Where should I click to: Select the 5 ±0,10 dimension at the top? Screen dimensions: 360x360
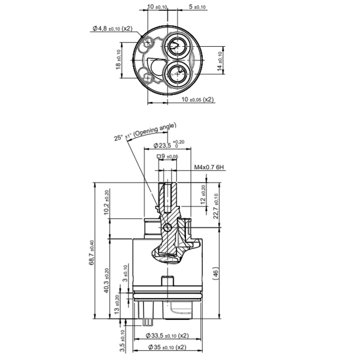(x=197, y=7)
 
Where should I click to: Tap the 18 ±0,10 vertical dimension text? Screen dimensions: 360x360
(x=118, y=60)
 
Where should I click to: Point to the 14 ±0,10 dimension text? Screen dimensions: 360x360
(x=220, y=60)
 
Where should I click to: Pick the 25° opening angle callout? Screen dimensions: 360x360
(x=146, y=131)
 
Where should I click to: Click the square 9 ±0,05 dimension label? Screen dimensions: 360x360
(x=167, y=157)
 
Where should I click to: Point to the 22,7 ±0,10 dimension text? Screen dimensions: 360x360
(x=215, y=206)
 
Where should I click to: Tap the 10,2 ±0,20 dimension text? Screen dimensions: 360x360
(x=106, y=203)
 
